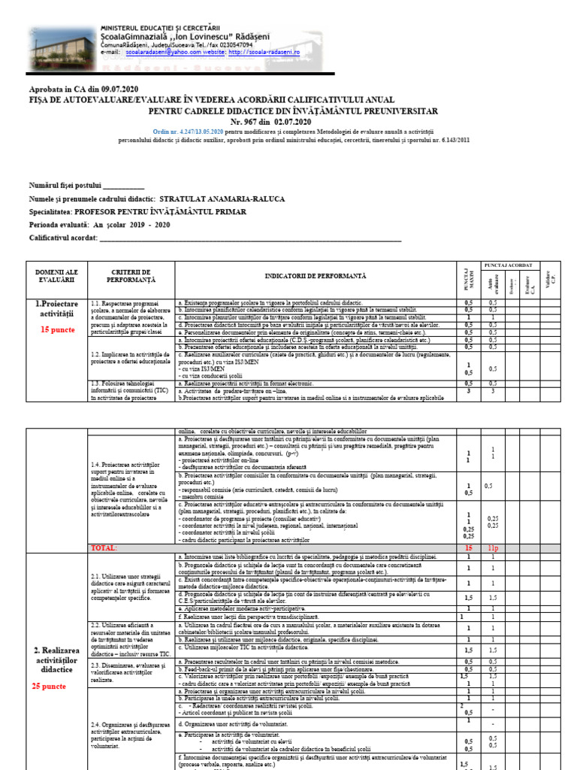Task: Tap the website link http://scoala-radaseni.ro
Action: (264, 53)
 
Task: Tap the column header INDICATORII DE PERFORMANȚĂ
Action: (315, 277)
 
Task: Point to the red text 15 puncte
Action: (57, 329)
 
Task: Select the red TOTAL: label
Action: (103, 548)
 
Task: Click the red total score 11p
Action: (493, 548)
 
